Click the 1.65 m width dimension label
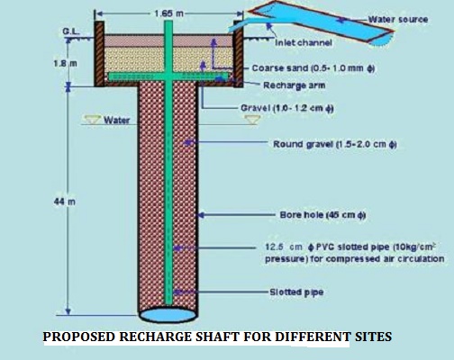tap(168, 13)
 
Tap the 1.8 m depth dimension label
tap(65, 64)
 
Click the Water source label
tap(398, 20)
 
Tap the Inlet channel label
tap(304, 43)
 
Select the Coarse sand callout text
tap(313, 68)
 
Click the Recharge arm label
tap(295, 85)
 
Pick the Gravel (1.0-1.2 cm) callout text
tap(287, 108)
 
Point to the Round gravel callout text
tap(335, 144)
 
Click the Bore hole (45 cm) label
tap(322, 215)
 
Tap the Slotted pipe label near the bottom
tap(296, 292)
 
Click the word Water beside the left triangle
tap(117, 121)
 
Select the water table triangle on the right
tap(252, 120)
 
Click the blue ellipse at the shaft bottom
tap(168, 315)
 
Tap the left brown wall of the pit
tap(99, 54)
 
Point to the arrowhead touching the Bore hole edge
tap(201, 215)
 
